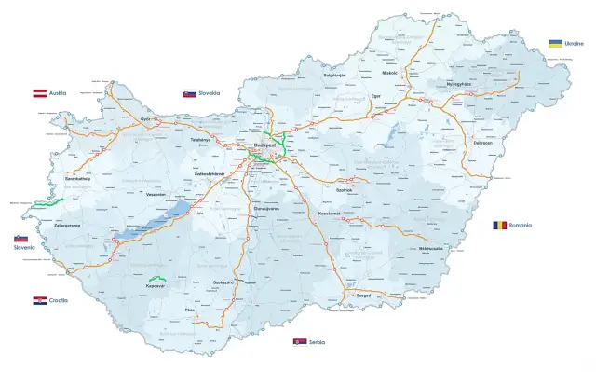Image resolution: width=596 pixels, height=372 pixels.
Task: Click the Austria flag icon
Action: click(40, 93)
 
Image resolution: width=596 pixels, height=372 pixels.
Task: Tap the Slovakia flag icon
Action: click(189, 94)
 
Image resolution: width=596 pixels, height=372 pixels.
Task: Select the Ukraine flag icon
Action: click(555, 44)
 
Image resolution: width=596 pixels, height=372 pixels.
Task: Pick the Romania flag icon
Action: click(500, 226)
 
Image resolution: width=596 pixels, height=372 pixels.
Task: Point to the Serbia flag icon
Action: click(300, 343)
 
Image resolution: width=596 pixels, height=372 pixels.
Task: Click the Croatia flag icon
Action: click(40, 300)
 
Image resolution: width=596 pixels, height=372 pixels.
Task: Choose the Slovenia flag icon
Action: click(20, 239)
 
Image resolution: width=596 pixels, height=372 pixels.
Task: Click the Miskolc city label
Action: click(389, 73)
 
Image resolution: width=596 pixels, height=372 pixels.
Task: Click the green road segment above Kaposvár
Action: click(156, 278)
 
